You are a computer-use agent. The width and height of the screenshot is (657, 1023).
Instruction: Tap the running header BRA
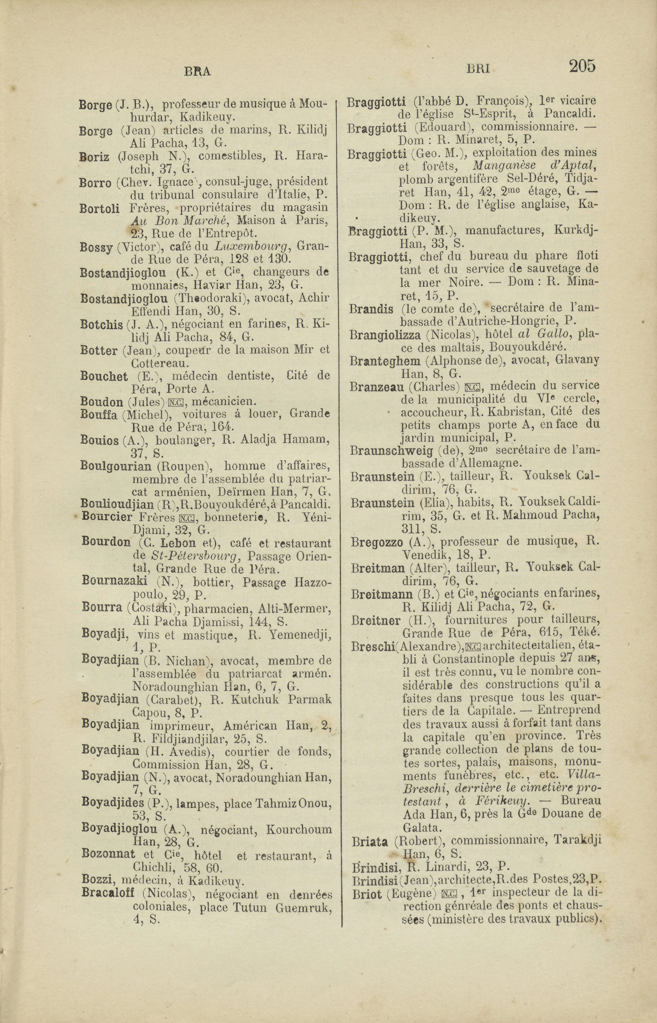[197, 72]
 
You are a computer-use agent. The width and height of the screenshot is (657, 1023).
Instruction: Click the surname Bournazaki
[114, 581]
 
